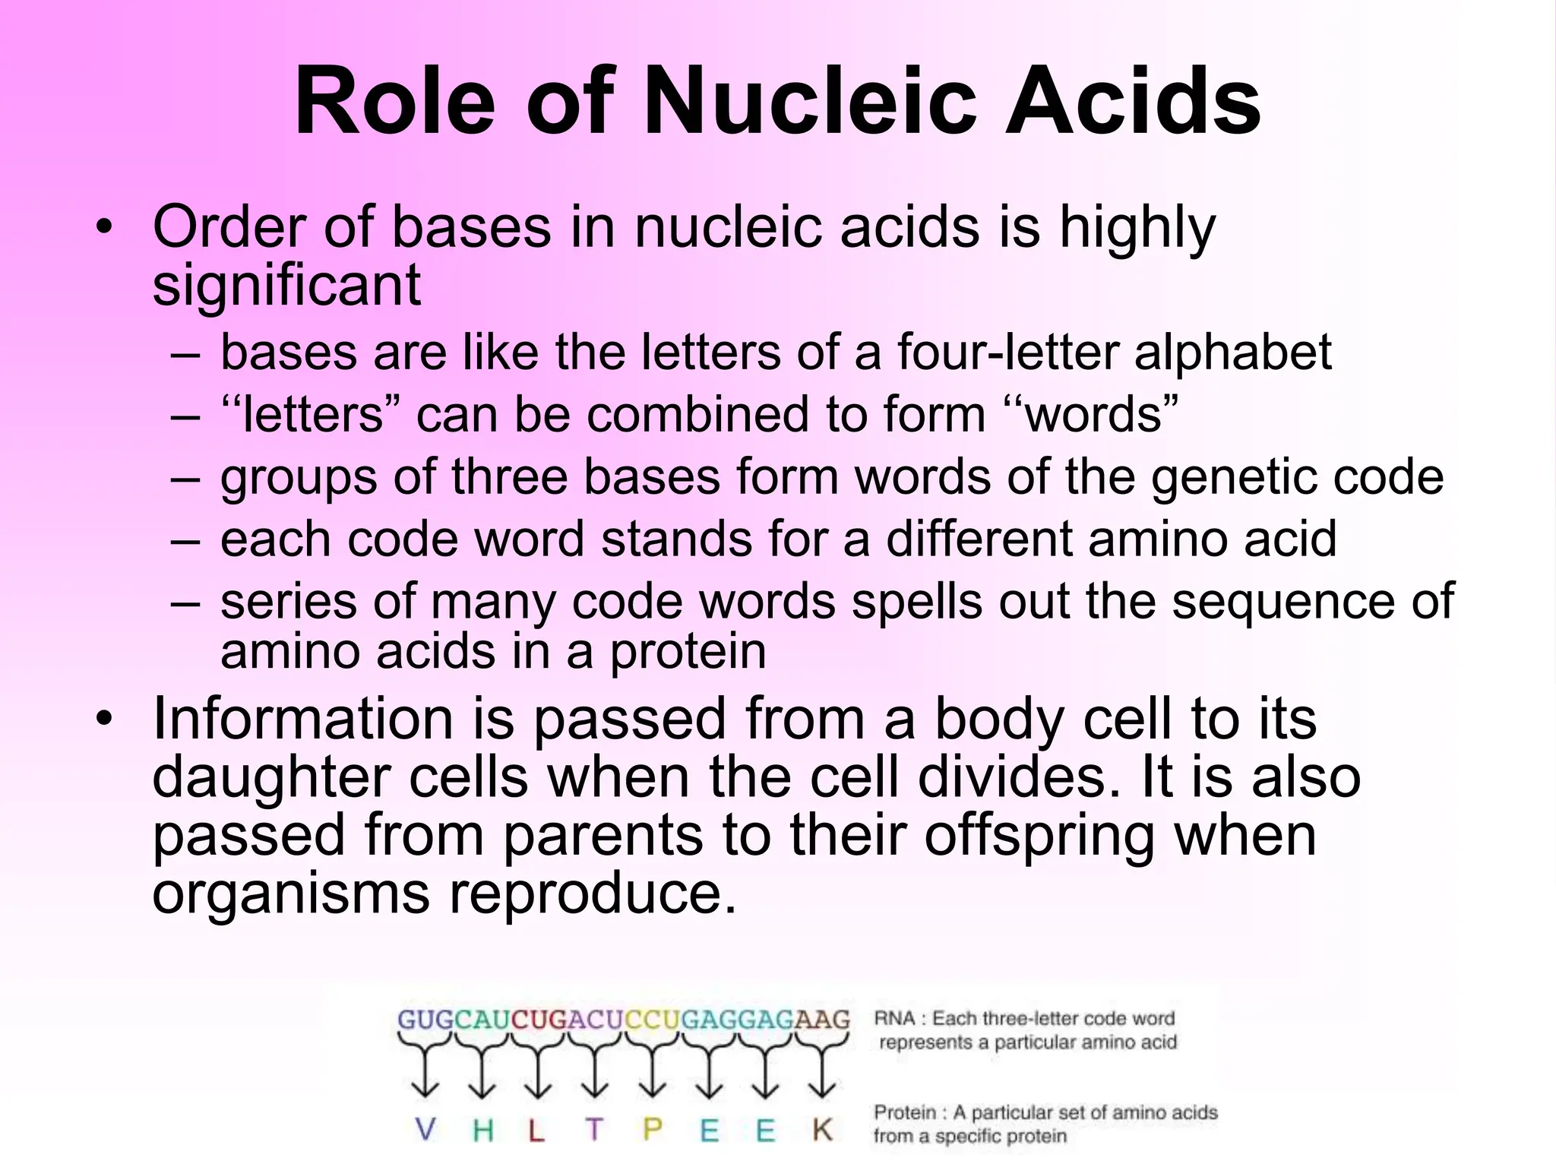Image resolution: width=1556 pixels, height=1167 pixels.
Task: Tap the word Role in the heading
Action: click(x=395, y=101)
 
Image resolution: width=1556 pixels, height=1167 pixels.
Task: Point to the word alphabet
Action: click(x=1232, y=353)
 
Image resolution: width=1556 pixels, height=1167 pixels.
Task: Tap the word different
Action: click(x=980, y=539)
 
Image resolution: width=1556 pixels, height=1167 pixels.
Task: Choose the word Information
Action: click(x=303, y=719)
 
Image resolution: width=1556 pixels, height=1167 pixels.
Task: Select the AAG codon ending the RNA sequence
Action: click(x=822, y=1019)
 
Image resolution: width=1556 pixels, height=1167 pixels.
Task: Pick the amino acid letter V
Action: click(x=425, y=1130)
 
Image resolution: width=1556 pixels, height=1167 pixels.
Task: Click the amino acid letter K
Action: click(x=822, y=1130)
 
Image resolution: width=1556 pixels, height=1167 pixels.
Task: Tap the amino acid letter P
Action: click(x=652, y=1130)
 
